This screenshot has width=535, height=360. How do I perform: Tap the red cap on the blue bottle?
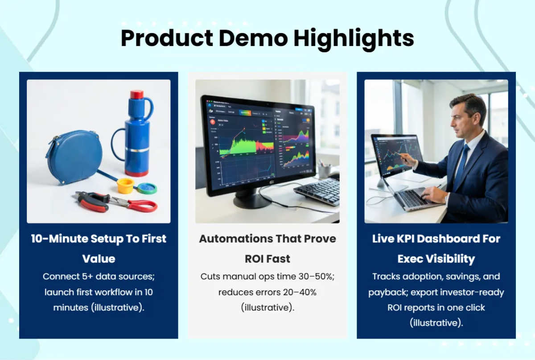[x=137, y=95]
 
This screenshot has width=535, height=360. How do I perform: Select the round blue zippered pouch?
[x=74, y=157]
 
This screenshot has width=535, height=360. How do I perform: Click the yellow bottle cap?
[x=125, y=186]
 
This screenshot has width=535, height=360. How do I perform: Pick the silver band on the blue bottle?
[x=137, y=150]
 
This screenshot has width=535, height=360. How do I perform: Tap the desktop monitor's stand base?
[x=252, y=202]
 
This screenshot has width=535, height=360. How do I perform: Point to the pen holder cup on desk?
[x=324, y=171]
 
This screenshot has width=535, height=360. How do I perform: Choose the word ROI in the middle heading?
[x=255, y=258]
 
